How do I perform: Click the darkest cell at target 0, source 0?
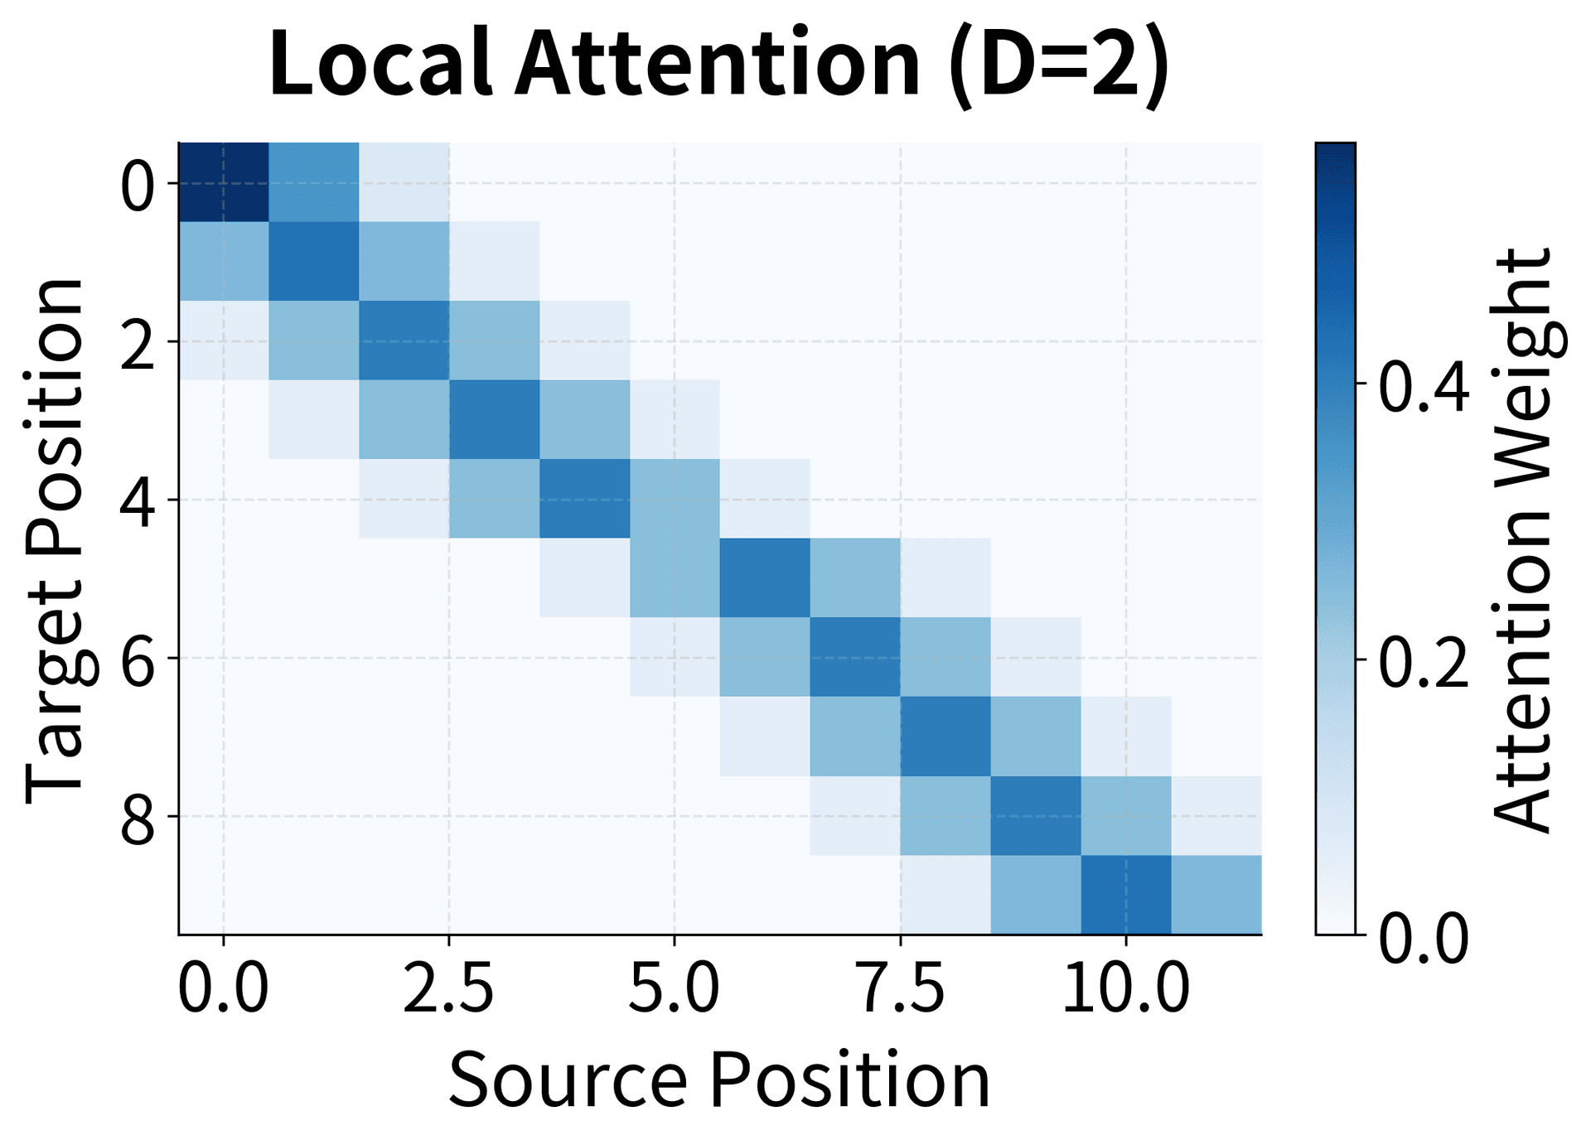224,182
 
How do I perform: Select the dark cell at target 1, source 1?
314,261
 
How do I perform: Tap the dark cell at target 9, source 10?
1125,895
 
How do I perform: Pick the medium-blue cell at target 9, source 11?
1216,895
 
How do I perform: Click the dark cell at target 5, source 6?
765,577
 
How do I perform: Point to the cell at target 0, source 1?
314,182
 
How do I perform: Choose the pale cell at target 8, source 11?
1216,815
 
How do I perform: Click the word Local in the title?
380,65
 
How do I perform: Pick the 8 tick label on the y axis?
137,816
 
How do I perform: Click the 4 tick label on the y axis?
137,500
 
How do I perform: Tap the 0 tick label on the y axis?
137,184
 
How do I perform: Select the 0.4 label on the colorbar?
1424,385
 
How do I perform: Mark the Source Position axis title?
719,1080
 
